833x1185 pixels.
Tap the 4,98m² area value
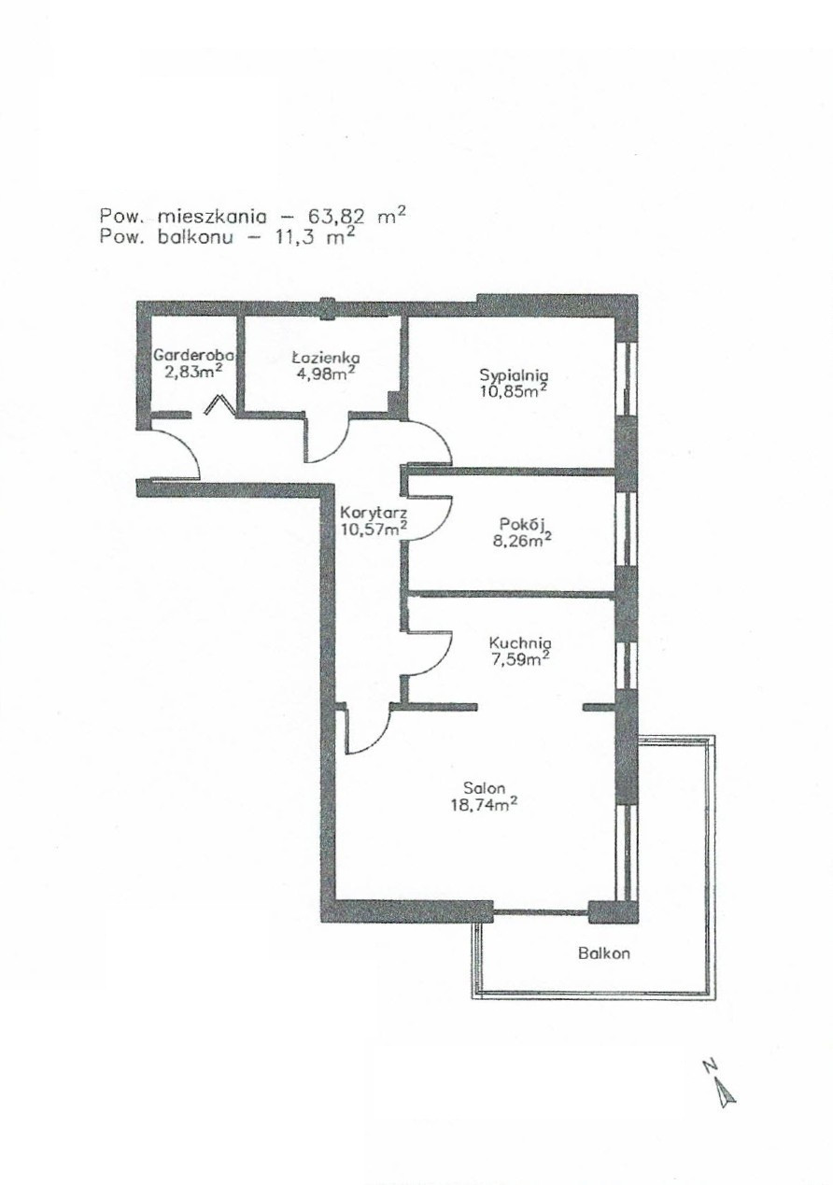pos(325,373)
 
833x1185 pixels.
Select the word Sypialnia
pos(514,375)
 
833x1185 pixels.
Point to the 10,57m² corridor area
pos(374,529)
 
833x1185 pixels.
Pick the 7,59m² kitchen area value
pos(519,660)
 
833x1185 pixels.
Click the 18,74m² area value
pos(483,805)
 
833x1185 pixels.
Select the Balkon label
pos(604,953)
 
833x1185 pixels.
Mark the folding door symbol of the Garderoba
pos(219,404)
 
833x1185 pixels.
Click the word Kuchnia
pos(520,643)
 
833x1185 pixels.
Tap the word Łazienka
pos(326,358)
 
